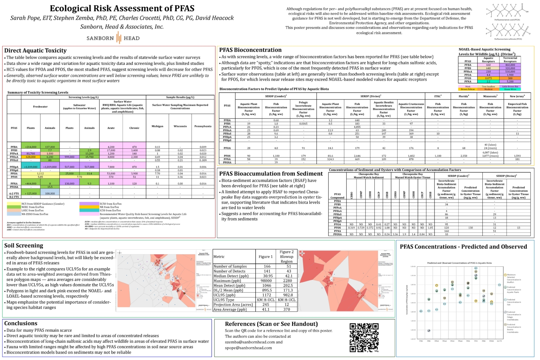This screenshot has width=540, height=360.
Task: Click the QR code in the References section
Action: click(x=364, y=337)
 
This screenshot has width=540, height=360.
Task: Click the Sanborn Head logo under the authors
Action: click(x=113, y=38)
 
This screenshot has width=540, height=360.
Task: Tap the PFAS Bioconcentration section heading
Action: click(x=250, y=50)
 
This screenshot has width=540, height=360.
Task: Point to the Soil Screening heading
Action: click(x=24, y=245)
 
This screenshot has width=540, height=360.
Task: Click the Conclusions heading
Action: click(x=21, y=323)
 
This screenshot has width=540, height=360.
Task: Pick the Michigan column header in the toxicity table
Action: click(x=157, y=126)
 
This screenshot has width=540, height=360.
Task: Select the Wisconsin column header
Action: click(x=180, y=126)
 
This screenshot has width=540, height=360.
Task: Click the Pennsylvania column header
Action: click(x=203, y=126)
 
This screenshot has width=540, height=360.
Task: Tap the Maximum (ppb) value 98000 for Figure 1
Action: click(x=266, y=281)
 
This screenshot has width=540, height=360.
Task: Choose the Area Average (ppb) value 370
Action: click(x=287, y=309)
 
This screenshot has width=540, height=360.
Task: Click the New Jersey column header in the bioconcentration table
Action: click(x=517, y=96)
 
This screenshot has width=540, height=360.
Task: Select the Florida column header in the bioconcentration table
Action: click(x=464, y=96)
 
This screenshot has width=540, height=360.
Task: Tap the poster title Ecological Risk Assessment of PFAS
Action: click(x=122, y=8)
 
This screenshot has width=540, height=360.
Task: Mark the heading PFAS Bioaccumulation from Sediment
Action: click(x=271, y=174)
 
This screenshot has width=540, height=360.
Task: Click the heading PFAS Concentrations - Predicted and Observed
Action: click(x=463, y=247)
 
